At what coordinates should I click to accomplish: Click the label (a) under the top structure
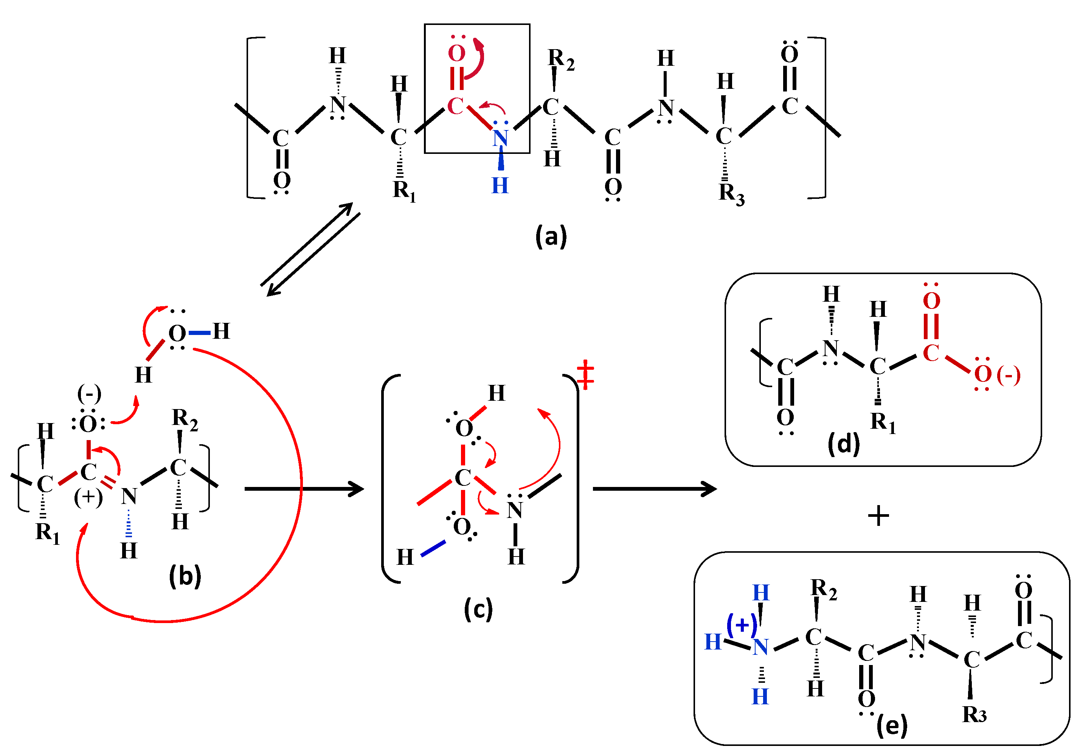[551, 236]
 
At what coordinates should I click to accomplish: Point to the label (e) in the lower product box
[892, 726]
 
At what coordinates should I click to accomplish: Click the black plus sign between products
[878, 516]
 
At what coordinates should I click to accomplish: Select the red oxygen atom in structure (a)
[456, 53]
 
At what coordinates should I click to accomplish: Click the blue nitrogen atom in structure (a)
[500, 138]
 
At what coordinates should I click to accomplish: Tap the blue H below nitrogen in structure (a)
[500, 186]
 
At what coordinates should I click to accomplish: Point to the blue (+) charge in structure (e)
[741, 625]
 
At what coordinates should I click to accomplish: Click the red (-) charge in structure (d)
[1009, 375]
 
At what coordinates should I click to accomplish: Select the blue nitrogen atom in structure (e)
[760, 648]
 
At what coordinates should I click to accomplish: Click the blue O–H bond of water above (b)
[199, 333]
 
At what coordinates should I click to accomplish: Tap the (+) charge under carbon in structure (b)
[88, 497]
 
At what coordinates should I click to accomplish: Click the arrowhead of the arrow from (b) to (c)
[357, 489]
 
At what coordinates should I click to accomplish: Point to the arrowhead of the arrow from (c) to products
[710, 489]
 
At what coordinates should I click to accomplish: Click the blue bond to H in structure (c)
[433, 549]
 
